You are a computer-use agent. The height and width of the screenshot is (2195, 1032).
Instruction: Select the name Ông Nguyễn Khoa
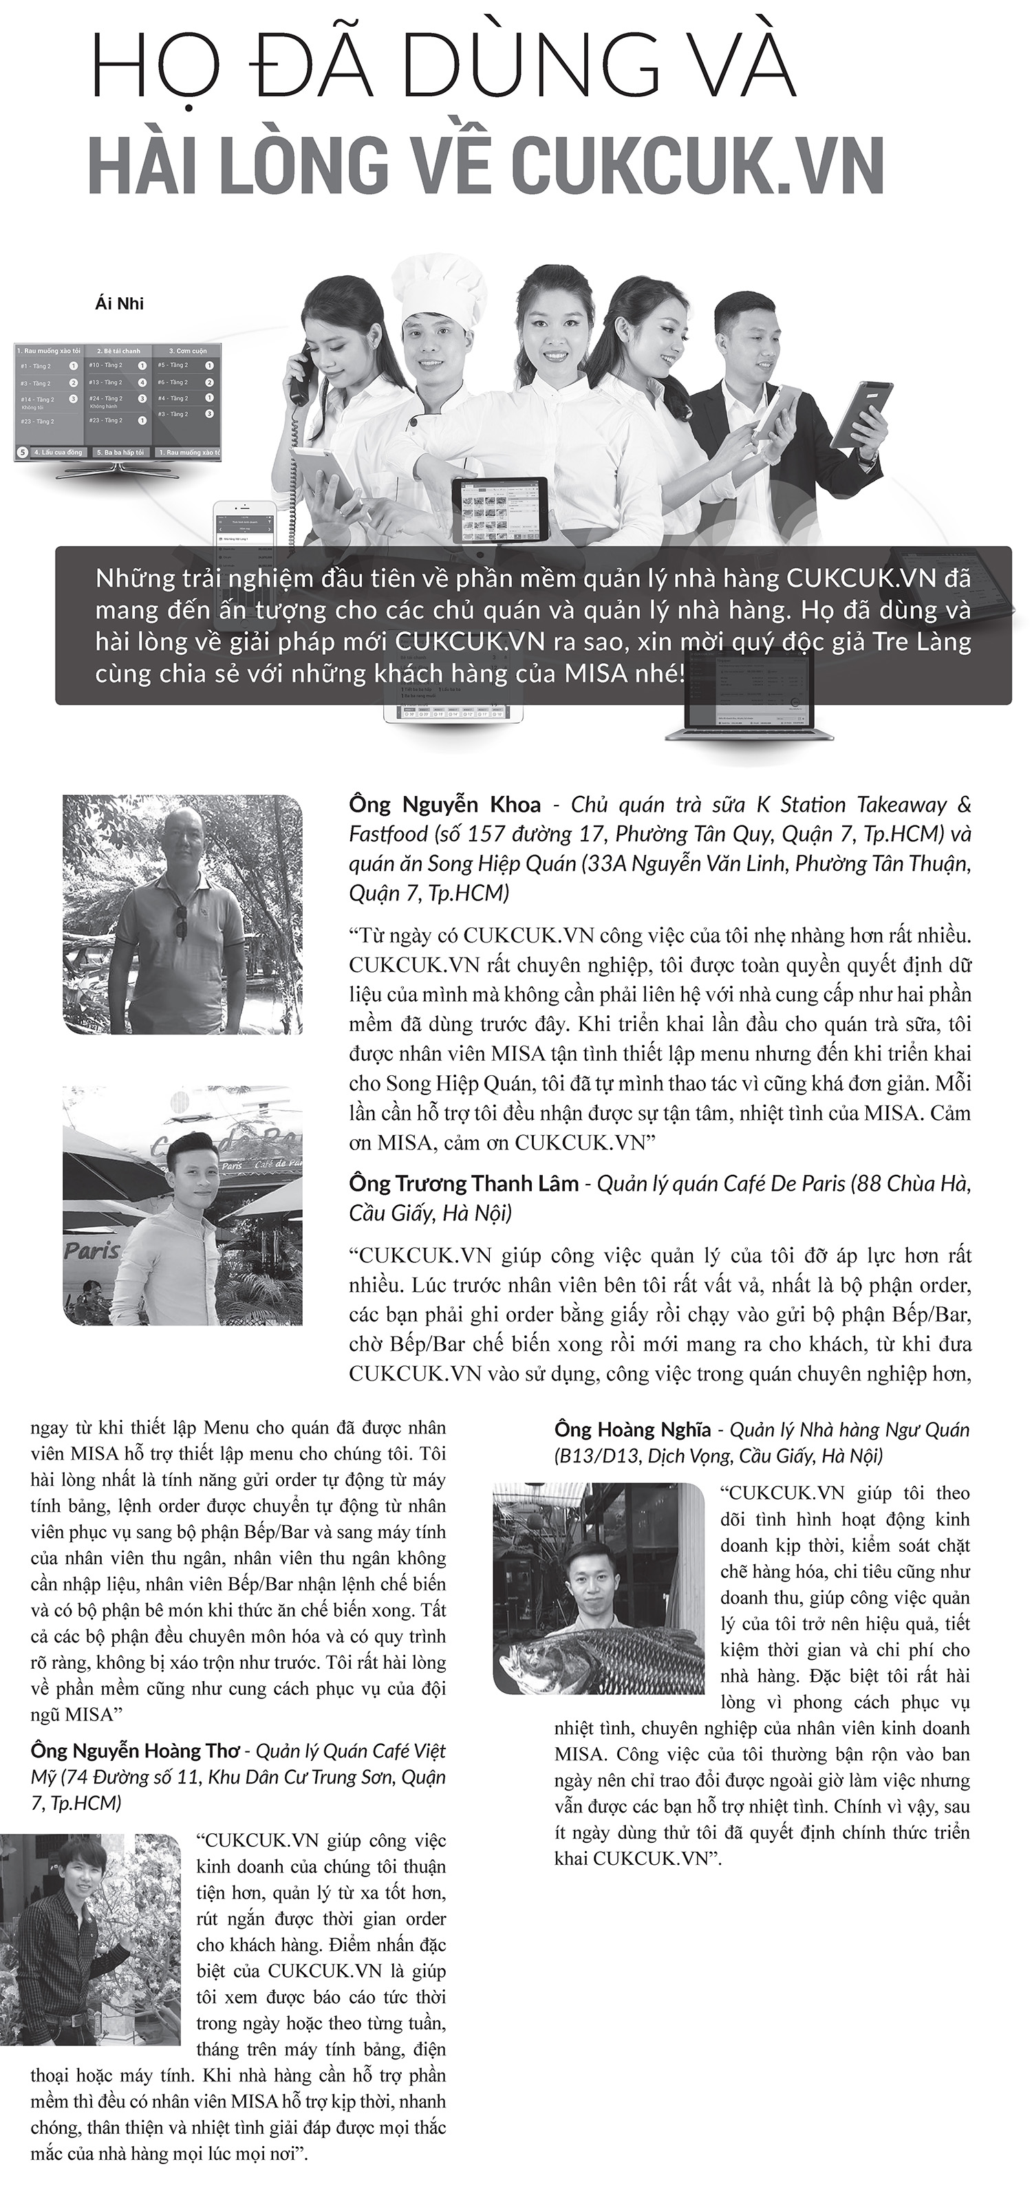click(445, 804)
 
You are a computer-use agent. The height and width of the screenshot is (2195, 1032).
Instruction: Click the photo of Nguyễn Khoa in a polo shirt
click(182, 914)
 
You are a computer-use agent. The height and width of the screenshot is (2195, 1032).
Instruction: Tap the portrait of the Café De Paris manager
click(182, 1205)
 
